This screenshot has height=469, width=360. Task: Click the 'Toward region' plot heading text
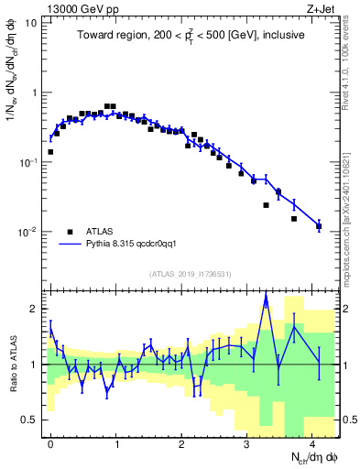tap(191, 35)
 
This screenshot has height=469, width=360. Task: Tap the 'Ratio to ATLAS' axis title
tap(11, 365)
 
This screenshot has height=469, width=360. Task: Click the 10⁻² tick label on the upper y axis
tap(28, 232)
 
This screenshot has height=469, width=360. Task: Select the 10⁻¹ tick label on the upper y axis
tap(28, 162)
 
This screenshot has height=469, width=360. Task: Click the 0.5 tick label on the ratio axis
tap(30, 420)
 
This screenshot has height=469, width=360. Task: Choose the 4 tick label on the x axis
tap(311, 442)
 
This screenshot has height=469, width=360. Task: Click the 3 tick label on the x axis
tap(246, 442)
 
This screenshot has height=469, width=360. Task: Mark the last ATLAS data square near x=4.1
tap(319, 225)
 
